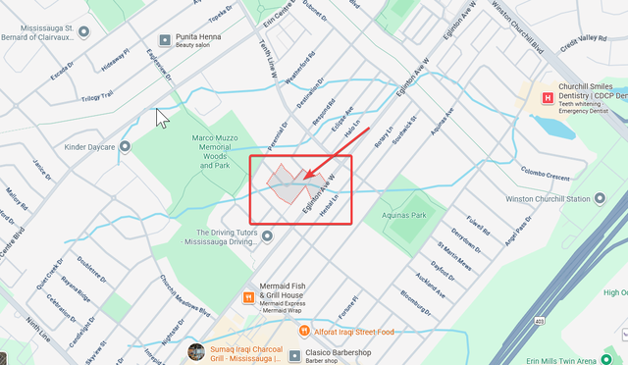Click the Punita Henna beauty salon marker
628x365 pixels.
tap(165, 41)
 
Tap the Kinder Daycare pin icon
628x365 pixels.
tap(125, 147)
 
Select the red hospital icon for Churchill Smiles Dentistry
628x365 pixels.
tap(548, 96)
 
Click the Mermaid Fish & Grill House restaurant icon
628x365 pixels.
tap(249, 295)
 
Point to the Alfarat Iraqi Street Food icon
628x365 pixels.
tap(304, 332)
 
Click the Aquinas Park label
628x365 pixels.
tap(405, 214)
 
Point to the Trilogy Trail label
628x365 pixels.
tap(97, 93)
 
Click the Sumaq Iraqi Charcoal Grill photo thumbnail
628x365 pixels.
tap(197, 351)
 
